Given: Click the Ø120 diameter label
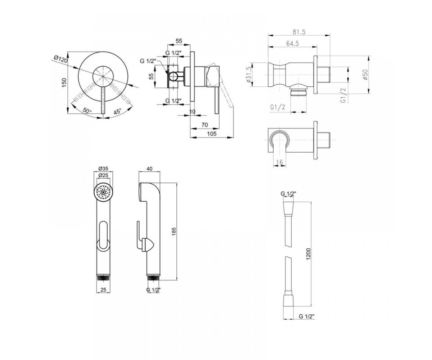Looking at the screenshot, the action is [x=60, y=59].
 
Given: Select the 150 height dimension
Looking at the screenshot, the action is [x=64, y=82].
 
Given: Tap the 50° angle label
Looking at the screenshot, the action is [x=87, y=110].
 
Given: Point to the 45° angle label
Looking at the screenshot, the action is [x=117, y=112].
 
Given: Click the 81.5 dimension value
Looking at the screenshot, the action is [x=299, y=32].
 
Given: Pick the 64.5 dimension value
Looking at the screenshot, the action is [x=293, y=44].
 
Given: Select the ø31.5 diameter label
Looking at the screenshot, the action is [x=249, y=75].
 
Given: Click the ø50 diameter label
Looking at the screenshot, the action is [x=365, y=75].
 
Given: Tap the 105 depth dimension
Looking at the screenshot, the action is [x=212, y=134].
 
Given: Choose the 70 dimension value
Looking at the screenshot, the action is [x=204, y=125].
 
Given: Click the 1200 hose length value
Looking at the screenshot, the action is [x=309, y=254].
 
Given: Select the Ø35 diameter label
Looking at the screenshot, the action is [x=103, y=168].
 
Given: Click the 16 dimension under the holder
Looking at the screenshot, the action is [x=279, y=162].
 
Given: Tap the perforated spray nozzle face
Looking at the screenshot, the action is [x=103, y=192].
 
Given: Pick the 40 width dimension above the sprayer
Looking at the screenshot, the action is [x=149, y=168].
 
